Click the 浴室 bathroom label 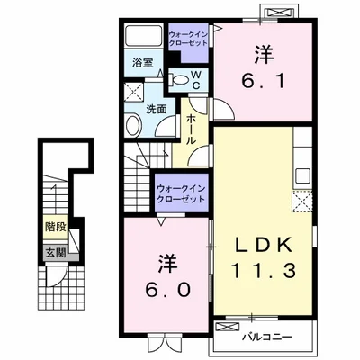click(143, 63)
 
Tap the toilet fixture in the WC click(179, 79)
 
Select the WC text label click(196, 80)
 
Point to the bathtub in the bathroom click(143, 36)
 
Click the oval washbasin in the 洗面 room click(134, 126)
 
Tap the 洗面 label click(157, 109)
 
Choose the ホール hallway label click(192, 130)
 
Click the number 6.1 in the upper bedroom click(264, 81)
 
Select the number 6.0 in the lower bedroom click(168, 290)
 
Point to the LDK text click(264, 245)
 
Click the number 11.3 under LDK click(264, 270)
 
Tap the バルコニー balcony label click(266, 337)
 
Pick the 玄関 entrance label click(56, 253)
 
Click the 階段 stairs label click(56, 227)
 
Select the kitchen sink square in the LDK click(303, 175)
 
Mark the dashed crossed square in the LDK click(302, 202)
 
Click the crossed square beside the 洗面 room click(134, 91)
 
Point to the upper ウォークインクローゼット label click(188, 39)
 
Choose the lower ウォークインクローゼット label click(181, 193)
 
